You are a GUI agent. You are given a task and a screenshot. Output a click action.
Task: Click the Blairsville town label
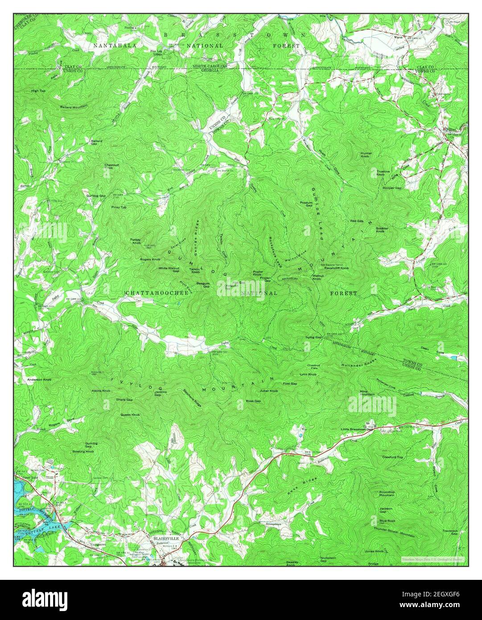pos(163,538)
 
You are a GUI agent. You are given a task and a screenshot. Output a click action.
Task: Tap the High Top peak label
pos(38,91)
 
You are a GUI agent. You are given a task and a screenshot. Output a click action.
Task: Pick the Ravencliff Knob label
pos(336,268)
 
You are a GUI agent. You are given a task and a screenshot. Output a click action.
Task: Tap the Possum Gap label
pos(306,203)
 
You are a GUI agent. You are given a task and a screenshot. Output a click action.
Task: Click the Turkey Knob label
pos(136,241)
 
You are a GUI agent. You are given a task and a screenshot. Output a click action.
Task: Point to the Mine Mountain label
pos(367,393)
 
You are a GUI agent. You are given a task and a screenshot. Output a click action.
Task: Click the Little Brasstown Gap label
pos(356,429)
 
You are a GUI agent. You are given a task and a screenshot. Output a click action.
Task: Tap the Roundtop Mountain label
pos(387,494)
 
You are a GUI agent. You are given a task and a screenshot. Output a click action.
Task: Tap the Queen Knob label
pos(130,415)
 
